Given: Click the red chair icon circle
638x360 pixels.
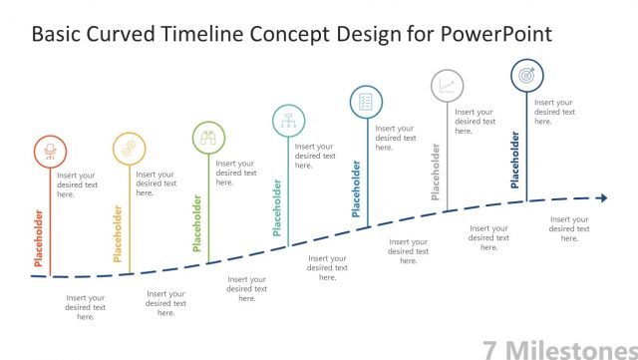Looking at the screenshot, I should (49, 151).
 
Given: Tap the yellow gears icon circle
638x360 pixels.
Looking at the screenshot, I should (129, 148).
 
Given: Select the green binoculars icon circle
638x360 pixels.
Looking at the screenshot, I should (208, 138).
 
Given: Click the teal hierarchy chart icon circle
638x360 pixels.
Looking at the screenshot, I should (288, 121).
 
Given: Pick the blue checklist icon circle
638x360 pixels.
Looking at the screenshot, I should (366, 101).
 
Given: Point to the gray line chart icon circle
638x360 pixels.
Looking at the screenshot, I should (447, 85).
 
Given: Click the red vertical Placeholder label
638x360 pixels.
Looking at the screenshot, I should (39, 240).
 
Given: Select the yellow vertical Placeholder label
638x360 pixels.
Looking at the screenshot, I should (118, 234).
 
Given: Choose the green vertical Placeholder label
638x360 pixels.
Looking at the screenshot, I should (197, 221).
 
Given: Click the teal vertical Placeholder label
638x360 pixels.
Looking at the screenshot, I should (277, 207).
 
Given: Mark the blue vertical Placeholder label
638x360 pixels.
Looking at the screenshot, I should (356, 187).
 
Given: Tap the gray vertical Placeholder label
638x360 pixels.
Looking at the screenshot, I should (436, 172).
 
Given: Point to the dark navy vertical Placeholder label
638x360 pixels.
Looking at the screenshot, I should (515, 160).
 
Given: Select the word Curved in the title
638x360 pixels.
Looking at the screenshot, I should (126, 35).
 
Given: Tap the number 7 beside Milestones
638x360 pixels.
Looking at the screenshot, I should (490, 347).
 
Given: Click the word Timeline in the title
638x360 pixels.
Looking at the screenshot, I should (208, 35).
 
